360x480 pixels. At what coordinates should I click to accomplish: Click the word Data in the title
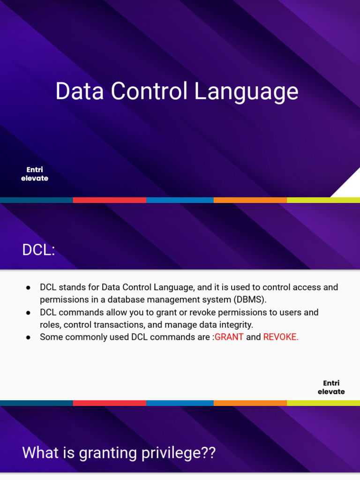pyautogui.click(x=75, y=91)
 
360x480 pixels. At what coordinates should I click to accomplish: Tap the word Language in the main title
pyautogui.click(x=246, y=92)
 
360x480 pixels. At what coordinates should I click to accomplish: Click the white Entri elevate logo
pyautogui.click(x=35, y=174)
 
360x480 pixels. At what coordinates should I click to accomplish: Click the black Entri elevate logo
pyautogui.click(x=331, y=387)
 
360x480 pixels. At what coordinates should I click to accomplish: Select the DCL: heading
pyautogui.click(x=38, y=250)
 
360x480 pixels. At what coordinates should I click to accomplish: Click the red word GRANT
pyautogui.click(x=229, y=337)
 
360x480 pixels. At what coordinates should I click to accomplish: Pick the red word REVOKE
pyautogui.click(x=281, y=337)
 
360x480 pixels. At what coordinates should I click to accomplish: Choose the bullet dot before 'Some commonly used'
pyautogui.click(x=28, y=337)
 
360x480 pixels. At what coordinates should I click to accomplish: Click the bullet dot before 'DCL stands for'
pyautogui.click(x=28, y=287)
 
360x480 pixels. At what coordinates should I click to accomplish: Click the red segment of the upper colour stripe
pyautogui.click(x=109, y=200)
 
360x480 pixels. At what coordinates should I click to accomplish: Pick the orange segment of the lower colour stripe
pyautogui.click(x=250, y=403)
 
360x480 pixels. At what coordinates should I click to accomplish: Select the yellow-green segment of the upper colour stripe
pyautogui.click(x=323, y=200)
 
